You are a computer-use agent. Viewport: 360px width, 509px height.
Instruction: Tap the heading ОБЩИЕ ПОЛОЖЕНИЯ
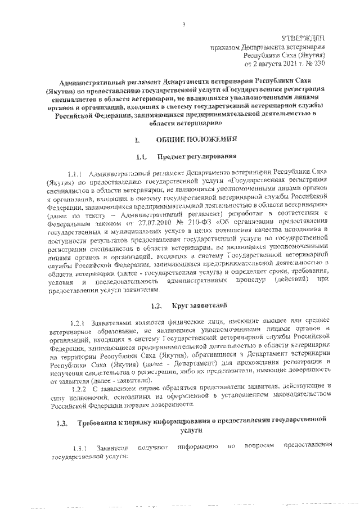(x=200, y=138)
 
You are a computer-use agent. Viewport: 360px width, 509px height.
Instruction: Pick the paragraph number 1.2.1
(x=77, y=322)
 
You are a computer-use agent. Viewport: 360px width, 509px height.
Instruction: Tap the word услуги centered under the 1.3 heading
(x=193, y=430)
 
